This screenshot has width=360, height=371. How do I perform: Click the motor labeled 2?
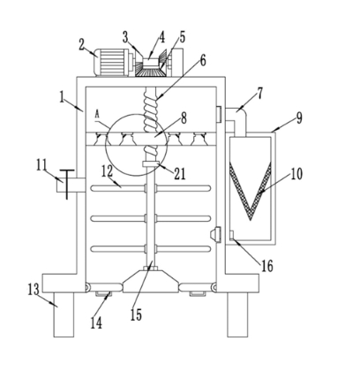click(x=112, y=62)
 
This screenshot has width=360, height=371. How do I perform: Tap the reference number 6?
click(x=203, y=61)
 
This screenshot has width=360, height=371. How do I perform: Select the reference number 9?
click(x=299, y=118)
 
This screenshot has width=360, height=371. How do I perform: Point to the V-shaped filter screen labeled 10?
click(x=251, y=191)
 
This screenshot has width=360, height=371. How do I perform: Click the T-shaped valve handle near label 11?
click(x=67, y=185)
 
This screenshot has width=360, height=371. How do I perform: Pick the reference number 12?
click(x=108, y=170)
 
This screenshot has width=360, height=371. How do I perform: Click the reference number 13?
click(x=34, y=289)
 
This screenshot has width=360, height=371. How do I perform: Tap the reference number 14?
click(x=96, y=323)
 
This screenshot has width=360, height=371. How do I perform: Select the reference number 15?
click(x=136, y=314)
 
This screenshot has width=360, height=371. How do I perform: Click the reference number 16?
click(x=267, y=266)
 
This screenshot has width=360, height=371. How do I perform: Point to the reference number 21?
click(x=180, y=174)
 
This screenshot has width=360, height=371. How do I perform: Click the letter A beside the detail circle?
click(x=97, y=115)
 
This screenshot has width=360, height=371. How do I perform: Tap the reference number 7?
click(x=259, y=95)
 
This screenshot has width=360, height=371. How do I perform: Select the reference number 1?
click(x=62, y=97)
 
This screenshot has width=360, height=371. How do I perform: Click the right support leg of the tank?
click(x=237, y=314)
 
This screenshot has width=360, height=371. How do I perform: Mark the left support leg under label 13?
click(x=64, y=314)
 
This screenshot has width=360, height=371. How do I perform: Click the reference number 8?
click(x=184, y=118)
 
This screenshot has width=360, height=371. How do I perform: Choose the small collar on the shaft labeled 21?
click(x=151, y=164)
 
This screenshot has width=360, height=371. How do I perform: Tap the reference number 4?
click(x=162, y=38)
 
